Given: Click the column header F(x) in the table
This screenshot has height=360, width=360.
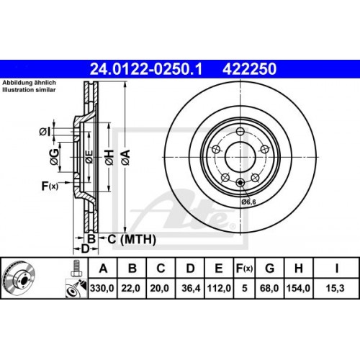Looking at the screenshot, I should (243, 269).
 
